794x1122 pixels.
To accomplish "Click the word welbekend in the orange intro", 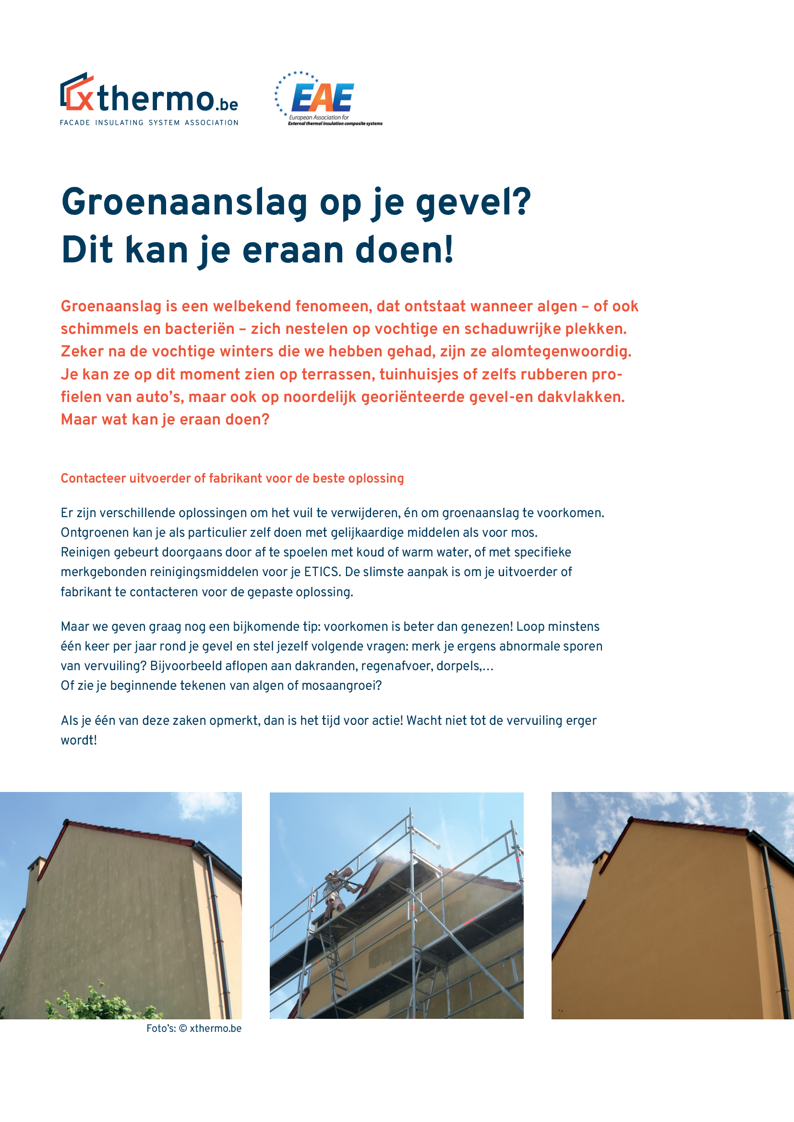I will (x=253, y=307).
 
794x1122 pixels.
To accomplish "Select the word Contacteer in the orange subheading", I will (x=94, y=478).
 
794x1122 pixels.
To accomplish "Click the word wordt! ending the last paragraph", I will (x=79, y=741).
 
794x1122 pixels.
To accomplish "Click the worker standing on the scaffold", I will (x=338, y=889).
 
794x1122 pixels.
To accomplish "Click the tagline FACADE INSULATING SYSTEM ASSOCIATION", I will (x=149, y=123).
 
